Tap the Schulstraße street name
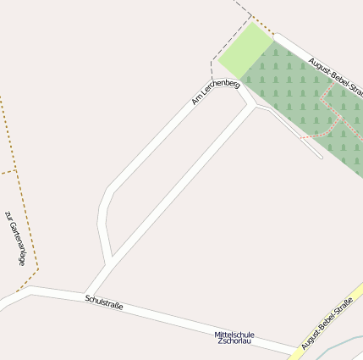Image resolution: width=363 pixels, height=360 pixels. [104, 302]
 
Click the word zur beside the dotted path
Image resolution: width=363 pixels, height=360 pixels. [9, 215]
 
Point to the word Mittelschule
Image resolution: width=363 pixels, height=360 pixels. [234, 334]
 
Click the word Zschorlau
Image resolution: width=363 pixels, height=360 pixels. [234, 341]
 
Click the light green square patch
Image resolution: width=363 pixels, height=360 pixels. [245, 50]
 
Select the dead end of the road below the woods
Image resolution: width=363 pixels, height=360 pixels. [320, 157]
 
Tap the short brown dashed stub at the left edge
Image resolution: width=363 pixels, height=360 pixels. [8, 172]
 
